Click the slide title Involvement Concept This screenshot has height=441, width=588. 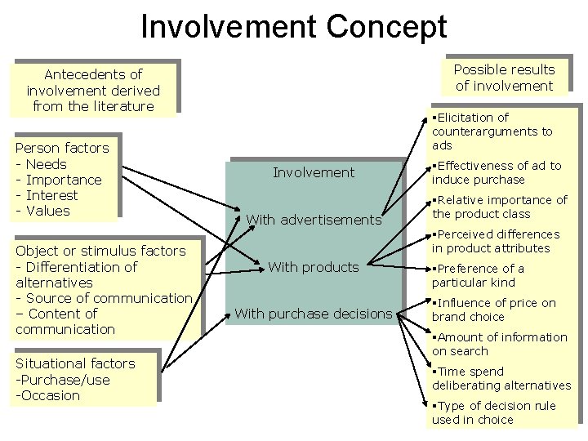pos(294,26)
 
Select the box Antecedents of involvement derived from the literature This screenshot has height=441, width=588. pos(93,91)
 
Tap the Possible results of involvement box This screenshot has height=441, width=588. pos(504,78)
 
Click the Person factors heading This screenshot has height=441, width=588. pos(62,148)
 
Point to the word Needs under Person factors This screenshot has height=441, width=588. pos(47,164)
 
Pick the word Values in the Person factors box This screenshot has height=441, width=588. pos(48,211)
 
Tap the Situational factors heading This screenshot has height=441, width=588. pos(75,363)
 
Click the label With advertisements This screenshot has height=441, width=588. pos(314,220)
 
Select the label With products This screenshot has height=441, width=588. pos(314,267)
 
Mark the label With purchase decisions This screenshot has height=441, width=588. pos(314,314)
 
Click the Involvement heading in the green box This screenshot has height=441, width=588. pos(314,172)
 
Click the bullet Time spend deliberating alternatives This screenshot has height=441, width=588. pos(501,378)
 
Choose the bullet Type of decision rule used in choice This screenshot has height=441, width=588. pos(493,412)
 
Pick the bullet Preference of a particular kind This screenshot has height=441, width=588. pos(479,275)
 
